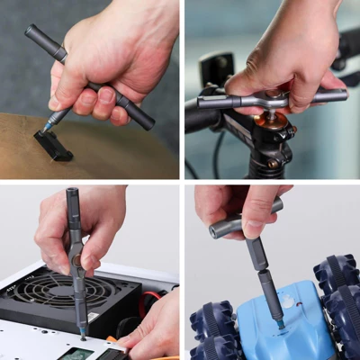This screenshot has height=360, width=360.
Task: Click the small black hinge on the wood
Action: click(53, 145)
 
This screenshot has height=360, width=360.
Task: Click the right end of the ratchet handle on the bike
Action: click(340, 94)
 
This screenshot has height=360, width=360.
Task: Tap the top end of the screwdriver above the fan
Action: click(72, 193)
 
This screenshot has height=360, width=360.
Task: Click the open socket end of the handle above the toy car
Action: click(216, 231)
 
